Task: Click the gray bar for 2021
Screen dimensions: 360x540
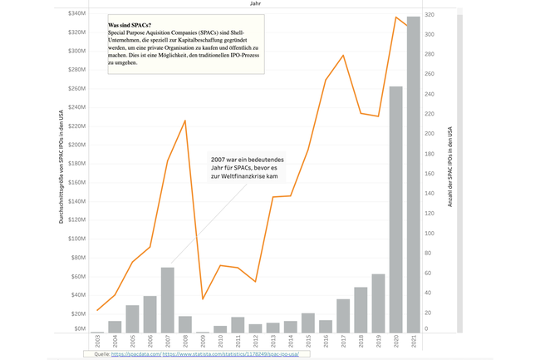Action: pyautogui.click(x=412, y=175)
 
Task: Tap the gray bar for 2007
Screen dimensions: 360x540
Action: pyautogui.click(x=168, y=299)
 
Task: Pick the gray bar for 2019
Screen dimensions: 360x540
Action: pyautogui.click(x=378, y=303)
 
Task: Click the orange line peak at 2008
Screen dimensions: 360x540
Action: pyautogui.click(x=184, y=121)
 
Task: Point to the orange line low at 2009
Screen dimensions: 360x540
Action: pyautogui.click(x=203, y=298)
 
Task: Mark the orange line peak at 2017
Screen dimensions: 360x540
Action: pyautogui.click(x=343, y=56)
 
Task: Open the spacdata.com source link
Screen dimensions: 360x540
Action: pyautogui.click(x=130, y=353)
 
